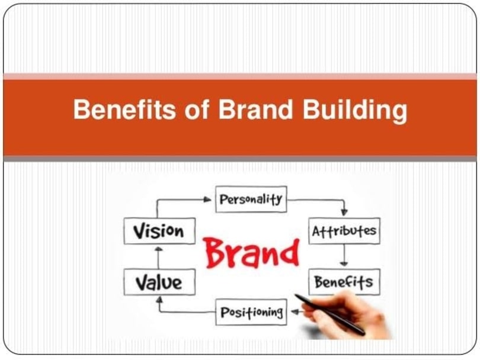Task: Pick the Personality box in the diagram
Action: pyautogui.click(x=251, y=200)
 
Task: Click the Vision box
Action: pyautogui.click(x=158, y=231)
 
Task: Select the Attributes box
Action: pyautogui.click(x=344, y=231)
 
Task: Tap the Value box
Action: pyautogui.click(x=158, y=281)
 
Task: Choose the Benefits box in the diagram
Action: pyautogui.click(x=344, y=282)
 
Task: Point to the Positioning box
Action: pyautogui.click(x=251, y=312)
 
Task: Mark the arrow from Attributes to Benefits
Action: pyautogui.click(x=344, y=256)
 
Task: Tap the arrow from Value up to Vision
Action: pyautogui.click(x=158, y=256)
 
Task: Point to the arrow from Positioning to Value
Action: pyautogui.click(x=178, y=310)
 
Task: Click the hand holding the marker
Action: pyautogui.click(x=350, y=311)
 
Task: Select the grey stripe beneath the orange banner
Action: pyautogui.click(x=240, y=159)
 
